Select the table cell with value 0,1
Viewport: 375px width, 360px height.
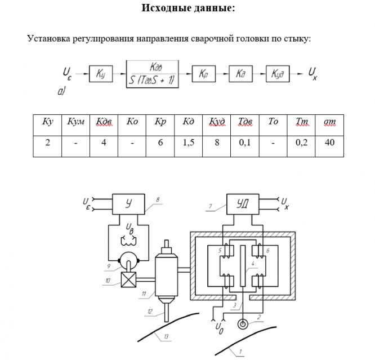pos(244,143)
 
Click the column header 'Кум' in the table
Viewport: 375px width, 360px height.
pos(75,122)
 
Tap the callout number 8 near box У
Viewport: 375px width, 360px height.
pos(158,199)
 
